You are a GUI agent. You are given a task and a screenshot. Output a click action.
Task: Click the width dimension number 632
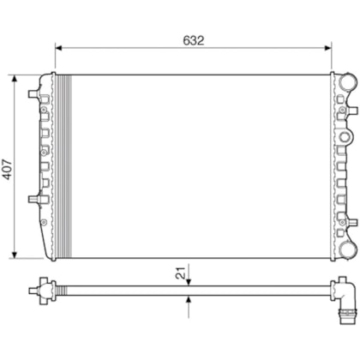pos(193,39)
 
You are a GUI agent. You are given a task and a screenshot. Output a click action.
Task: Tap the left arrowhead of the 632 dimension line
pos(58,48)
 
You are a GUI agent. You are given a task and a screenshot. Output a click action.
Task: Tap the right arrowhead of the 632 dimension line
pos(328,48)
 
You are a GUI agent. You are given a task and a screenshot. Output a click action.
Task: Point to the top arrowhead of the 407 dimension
pos(15,78)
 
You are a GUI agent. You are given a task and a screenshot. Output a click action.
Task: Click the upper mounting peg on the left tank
pos(35,92)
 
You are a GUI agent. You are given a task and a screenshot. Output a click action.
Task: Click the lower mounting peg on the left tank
pos(35,200)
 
